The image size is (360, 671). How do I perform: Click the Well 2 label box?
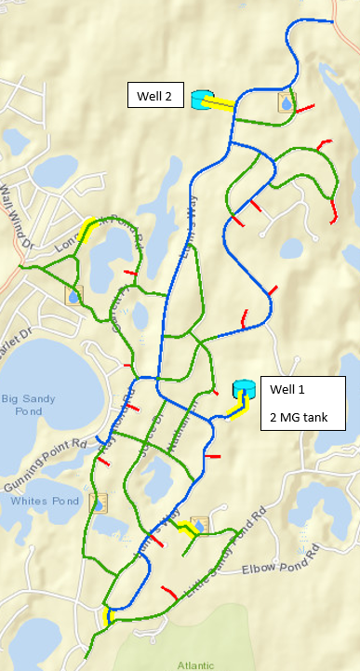(155, 95)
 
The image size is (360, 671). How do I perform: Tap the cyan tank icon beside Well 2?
(201, 100)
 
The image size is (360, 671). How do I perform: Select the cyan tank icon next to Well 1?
(244, 388)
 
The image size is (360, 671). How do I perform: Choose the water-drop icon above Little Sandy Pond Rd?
(197, 527)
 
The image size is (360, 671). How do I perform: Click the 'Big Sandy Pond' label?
(22, 405)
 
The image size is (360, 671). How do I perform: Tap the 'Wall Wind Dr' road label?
(16, 206)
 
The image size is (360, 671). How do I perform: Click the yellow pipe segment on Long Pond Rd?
(88, 229)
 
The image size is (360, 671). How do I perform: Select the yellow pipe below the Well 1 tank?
(240, 409)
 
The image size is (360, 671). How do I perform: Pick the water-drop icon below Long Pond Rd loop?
(73, 295)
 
